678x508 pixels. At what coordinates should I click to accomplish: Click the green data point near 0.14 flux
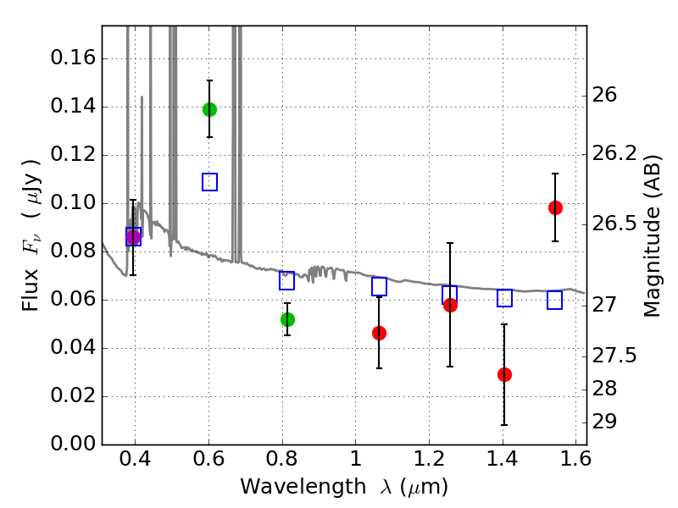(209, 109)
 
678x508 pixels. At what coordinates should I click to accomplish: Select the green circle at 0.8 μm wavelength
(287, 319)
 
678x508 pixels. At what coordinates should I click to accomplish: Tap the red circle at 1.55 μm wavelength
(555, 207)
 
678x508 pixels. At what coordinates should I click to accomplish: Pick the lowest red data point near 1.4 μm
(504, 374)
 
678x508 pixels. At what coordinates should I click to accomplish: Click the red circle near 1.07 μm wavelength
(379, 333)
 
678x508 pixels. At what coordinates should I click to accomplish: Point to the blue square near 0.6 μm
(209, 182)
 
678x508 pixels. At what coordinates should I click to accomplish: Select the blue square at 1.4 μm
(504, 298)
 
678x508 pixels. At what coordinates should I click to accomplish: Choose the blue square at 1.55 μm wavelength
(555, 301)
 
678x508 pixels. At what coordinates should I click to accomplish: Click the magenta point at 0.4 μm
(133, 237)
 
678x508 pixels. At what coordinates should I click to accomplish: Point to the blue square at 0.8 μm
(287, 281)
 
